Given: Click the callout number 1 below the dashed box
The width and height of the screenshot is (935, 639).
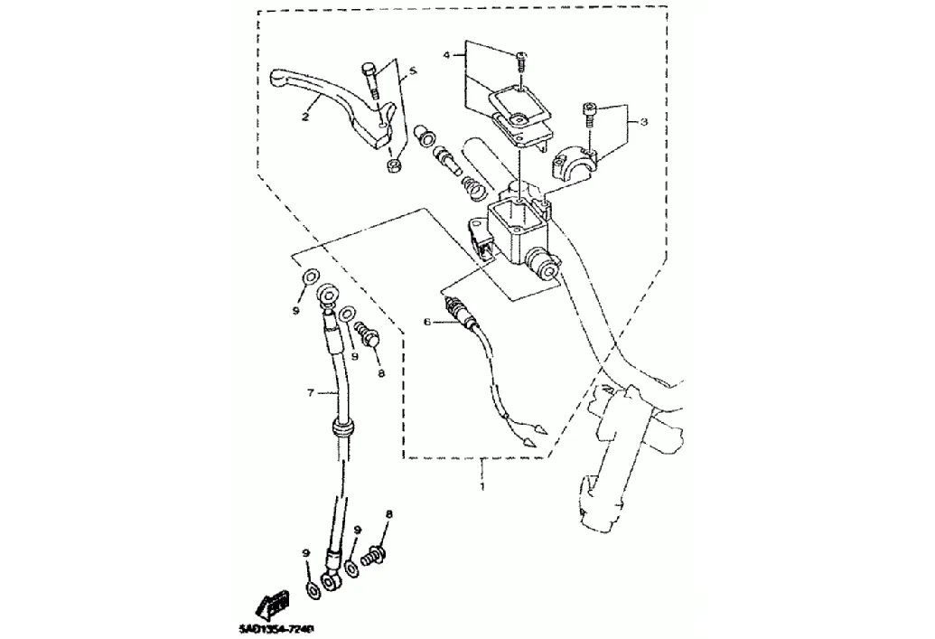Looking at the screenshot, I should pos(482,487).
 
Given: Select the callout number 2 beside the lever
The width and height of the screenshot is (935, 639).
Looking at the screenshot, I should pos(305,117).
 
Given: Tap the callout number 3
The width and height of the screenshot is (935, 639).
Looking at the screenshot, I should pos(643,121).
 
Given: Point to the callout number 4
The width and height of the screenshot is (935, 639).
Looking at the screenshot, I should pos(446,56).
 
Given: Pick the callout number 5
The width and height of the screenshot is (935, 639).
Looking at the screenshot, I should pos(412,70).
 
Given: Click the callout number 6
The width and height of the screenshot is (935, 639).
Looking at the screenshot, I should pos(428,321).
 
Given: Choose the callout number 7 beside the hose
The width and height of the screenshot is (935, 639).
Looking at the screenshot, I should pos(310,393).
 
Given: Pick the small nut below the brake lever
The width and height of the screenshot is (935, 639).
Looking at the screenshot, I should pos(394,167).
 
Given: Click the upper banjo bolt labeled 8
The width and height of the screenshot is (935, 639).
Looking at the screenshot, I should pos(368,336).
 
